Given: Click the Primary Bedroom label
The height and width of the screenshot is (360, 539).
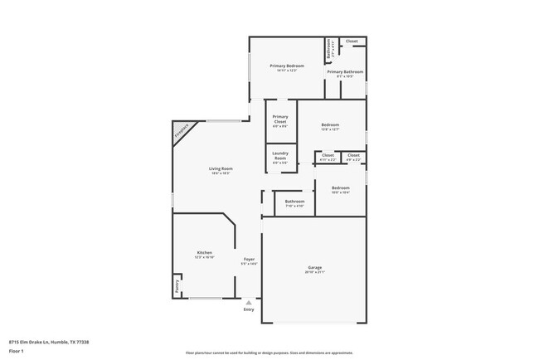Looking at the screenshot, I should click(286, 66).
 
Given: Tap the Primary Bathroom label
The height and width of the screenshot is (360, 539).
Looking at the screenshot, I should click(344, 72).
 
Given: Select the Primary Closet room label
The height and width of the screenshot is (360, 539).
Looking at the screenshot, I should click(280, 119).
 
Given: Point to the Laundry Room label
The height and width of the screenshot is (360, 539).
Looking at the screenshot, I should click(280, 154).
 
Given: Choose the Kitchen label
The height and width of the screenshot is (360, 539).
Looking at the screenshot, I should click(204, 252).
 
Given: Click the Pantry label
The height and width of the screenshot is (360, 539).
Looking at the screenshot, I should click(177, 286).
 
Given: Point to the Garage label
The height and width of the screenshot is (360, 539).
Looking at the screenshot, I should click(315, 267).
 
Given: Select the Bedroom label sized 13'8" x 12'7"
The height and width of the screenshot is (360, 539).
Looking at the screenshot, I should click(330, 125).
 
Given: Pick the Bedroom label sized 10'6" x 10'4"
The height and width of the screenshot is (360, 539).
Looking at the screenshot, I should click(340, 187).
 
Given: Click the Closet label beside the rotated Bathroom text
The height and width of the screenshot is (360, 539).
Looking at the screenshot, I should click(352, 41).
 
